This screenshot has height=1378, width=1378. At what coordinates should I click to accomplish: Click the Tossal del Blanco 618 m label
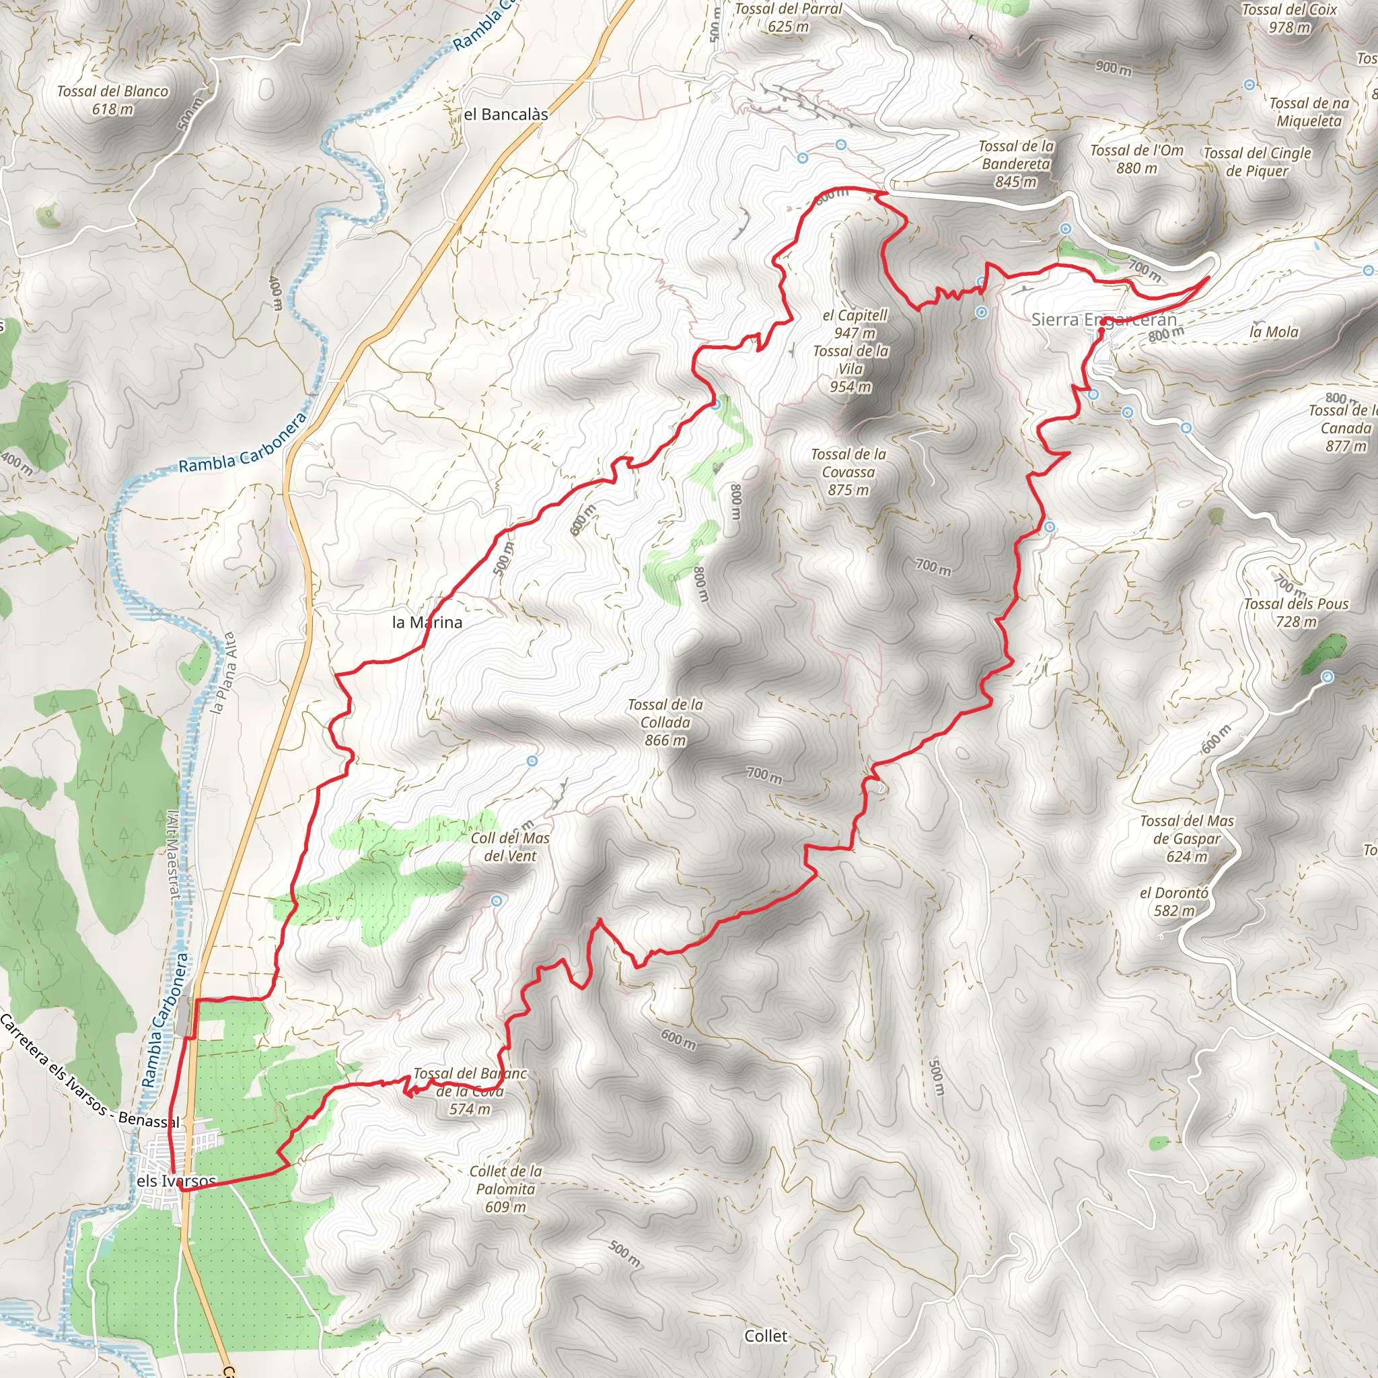click(x=112, y=100)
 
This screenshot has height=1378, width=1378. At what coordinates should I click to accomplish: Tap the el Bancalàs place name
click(x=506, y=114)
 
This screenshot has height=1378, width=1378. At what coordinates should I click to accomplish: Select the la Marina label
click(x=427, y=622)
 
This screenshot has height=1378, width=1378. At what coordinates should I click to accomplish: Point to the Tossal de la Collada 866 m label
click(x=665, y=722)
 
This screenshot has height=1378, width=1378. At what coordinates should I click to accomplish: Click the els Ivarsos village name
click(x=176, y=1180)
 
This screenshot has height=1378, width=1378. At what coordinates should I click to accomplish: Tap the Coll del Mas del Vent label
click(x=510, y=846)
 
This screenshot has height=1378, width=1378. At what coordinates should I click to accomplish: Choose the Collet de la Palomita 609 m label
click(x=506, y=1188)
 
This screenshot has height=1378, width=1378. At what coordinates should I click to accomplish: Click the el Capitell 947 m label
click(x=855, y=324)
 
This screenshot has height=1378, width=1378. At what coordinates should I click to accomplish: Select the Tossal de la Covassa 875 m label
click(x=848, y=472)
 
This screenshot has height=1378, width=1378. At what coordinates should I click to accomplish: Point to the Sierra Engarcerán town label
click(x=1103, y=320)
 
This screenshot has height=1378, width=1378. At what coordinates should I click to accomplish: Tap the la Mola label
click(x=1274, y=332)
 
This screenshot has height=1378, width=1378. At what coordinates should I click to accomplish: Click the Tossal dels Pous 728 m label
click(x=1296, y=612)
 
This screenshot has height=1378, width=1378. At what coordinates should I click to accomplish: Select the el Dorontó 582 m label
click(x=1173, y=902)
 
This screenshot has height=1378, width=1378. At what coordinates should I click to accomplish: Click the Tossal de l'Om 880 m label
click(x=1136, y=159)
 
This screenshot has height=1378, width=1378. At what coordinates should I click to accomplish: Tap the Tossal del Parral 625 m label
click(x=788, y=17)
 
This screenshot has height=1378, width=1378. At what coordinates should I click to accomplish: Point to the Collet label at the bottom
click(x=766, y=1336)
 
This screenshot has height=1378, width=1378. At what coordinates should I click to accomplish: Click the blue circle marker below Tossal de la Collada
click(x=532, y=761)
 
